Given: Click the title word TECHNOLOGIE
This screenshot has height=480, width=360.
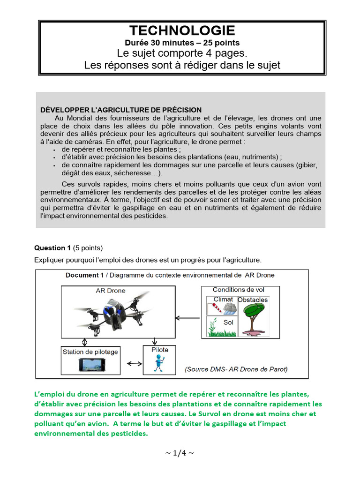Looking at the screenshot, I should point(182,31).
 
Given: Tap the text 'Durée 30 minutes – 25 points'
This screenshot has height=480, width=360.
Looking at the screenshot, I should point(182,43).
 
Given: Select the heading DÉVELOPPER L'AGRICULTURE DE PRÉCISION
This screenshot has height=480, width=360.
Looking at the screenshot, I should point(121,110).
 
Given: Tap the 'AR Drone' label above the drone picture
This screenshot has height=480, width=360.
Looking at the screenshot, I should point(111,291).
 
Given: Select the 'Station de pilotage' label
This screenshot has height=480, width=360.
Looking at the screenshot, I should point(90,352).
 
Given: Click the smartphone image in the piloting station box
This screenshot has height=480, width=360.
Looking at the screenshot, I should point(90,365).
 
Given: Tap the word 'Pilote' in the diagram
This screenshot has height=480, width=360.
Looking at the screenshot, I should point(160,350).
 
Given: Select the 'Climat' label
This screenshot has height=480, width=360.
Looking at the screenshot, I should point(223,299).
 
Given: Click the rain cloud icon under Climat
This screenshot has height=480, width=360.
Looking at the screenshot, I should point(229,308).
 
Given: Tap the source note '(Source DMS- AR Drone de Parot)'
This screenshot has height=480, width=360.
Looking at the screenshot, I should point(237,369).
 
